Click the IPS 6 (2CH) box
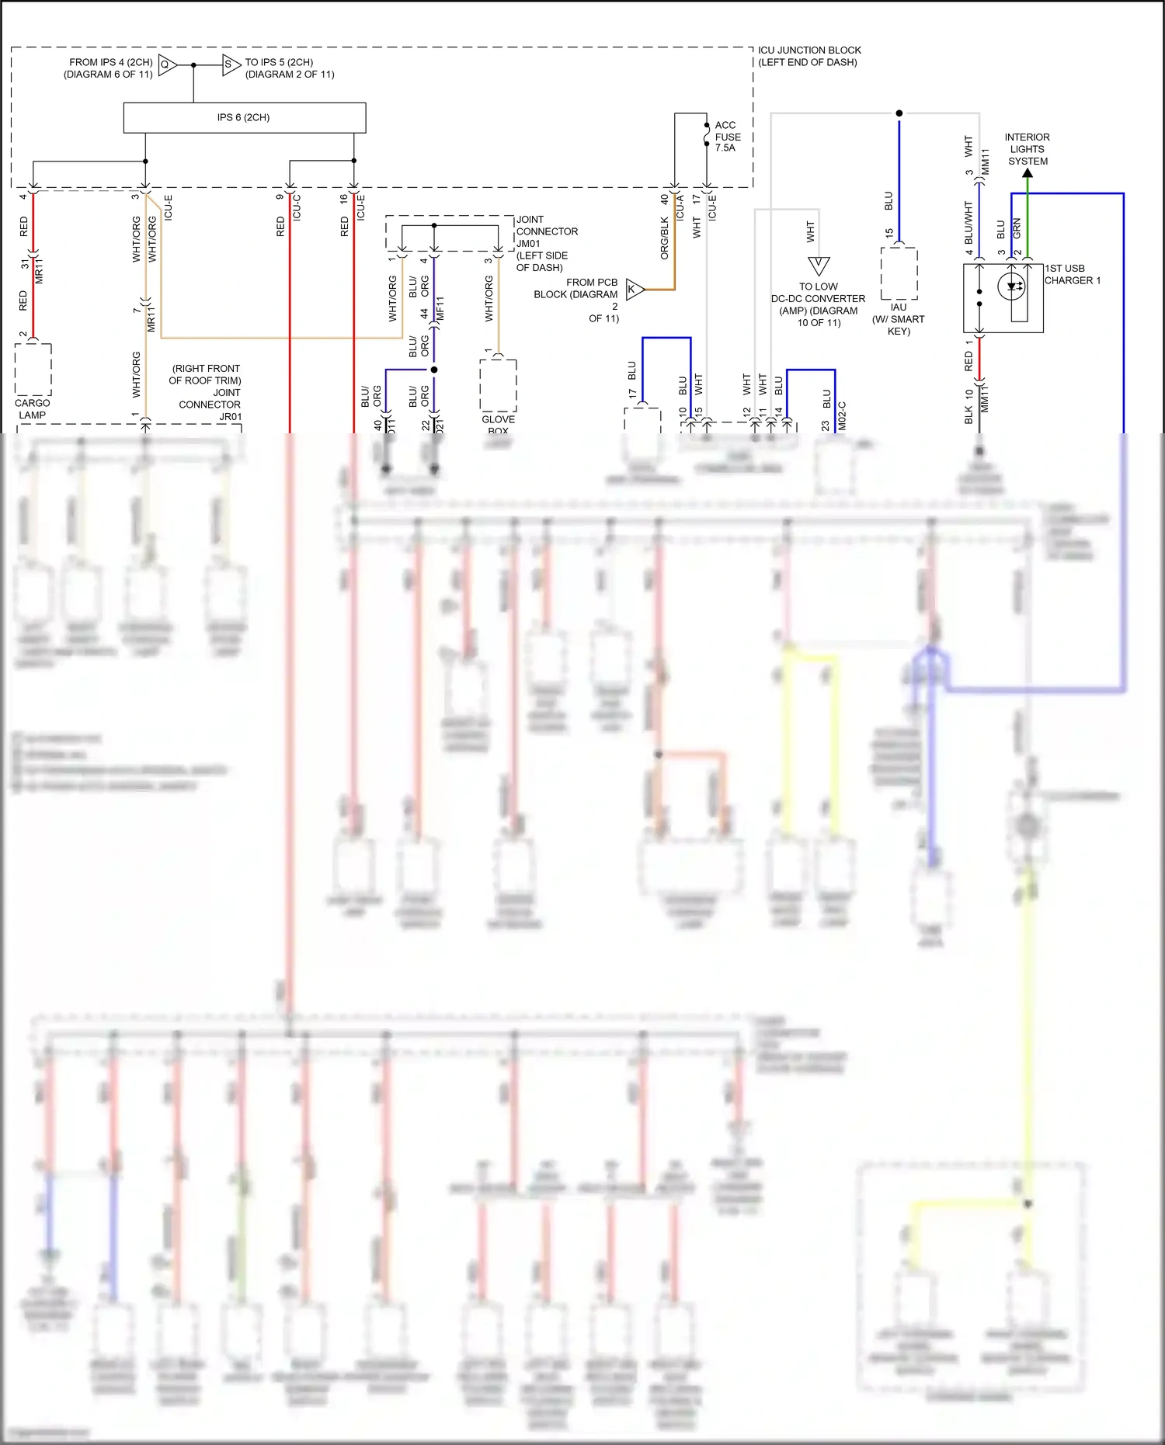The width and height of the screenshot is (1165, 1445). [x=244, y=117]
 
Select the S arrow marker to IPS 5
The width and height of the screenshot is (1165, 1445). [x=231, y=64]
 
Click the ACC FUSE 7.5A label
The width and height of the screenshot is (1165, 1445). [x=727, y=137]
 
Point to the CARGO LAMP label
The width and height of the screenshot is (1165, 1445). [x=32, y=408]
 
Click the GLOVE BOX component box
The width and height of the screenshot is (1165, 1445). [x=498, y=385]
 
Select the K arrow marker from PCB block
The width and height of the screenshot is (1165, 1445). [x=635, y=290]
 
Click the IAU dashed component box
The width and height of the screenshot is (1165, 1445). [x=899, y=273]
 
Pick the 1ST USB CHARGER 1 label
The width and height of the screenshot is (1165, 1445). [x=1073, y=274]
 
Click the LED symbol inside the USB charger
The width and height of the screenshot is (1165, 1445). [x=1012, y=287]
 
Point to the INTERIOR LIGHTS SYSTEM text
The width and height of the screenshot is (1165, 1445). [x=1028, y=149]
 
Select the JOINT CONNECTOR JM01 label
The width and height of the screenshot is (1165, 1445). [x=547, y=243]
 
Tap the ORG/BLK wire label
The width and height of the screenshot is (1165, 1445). [x=664, y=238]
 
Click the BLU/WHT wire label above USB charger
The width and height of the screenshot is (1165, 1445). [x=969, y=222]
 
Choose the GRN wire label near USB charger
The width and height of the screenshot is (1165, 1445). [x=1017, y=228]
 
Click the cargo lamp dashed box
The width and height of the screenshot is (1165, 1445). [x=33, y=370]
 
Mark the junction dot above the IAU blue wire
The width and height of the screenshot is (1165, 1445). [x=899, y=113]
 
